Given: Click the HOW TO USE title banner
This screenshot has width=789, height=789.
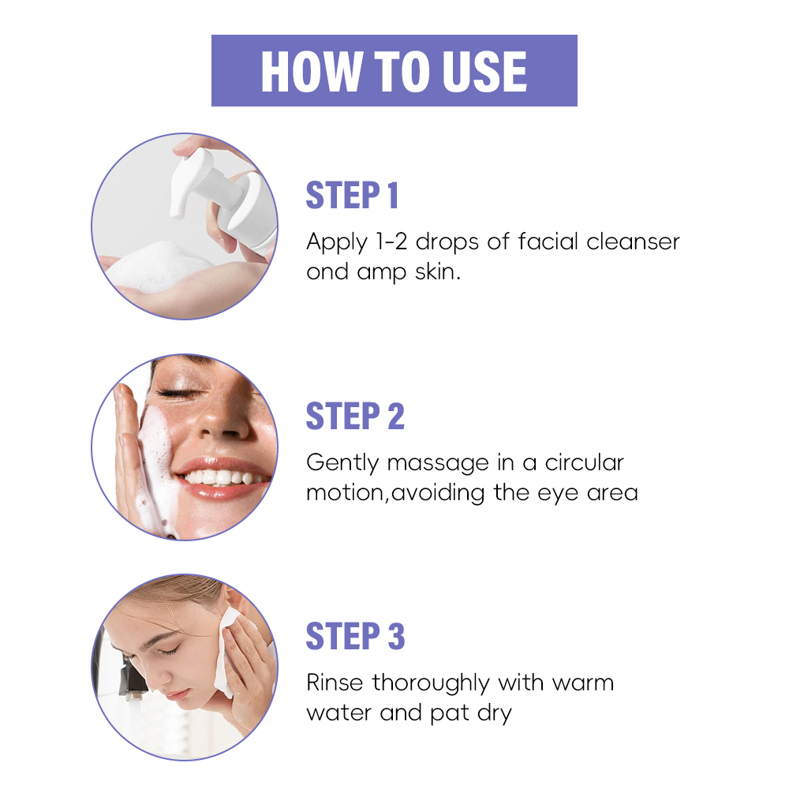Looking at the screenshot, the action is [x=394, y=70].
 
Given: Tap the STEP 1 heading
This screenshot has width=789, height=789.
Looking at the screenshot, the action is [x=352, y=195].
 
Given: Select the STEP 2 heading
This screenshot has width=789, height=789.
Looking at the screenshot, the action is [x=355, y=416].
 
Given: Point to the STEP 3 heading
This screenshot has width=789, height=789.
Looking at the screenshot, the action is [x=355, y=637].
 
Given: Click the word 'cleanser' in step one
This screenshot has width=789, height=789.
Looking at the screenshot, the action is [x=633, y=241].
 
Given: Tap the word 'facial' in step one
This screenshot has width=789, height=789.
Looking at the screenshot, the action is [x=548, y=241].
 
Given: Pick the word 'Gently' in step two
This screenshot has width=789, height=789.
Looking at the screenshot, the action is [x=342, y=463].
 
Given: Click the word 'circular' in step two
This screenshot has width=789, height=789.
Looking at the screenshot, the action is [x=584, y=462].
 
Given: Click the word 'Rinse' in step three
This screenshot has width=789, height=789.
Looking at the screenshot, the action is [x=335, y=682].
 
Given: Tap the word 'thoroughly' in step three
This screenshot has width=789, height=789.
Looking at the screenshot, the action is [x=431, y=684].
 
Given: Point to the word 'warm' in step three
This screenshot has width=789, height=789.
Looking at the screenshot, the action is [x=583, y=684].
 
